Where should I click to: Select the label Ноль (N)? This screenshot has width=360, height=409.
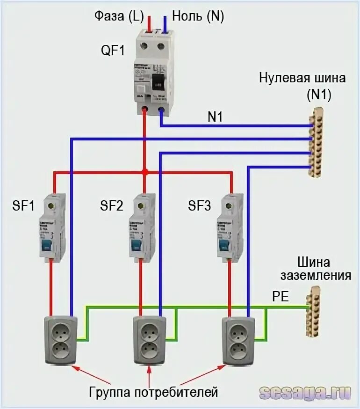(198, 16)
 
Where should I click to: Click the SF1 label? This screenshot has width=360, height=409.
(22, 205)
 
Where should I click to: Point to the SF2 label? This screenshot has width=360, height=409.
(111, 205)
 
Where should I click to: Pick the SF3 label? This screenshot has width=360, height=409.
(200, 205)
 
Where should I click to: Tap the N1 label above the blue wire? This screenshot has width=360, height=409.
(215, 118)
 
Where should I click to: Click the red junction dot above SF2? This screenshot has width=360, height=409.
(145, 172)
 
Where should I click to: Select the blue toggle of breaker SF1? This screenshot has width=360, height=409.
(47, 245)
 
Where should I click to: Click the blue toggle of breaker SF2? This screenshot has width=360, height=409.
(136, 245)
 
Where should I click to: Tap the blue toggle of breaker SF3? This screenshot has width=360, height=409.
(224, 245)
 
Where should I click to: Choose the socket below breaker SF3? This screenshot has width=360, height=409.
(238, 340)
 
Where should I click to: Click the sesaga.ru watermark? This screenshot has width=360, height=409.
(304, 392)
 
